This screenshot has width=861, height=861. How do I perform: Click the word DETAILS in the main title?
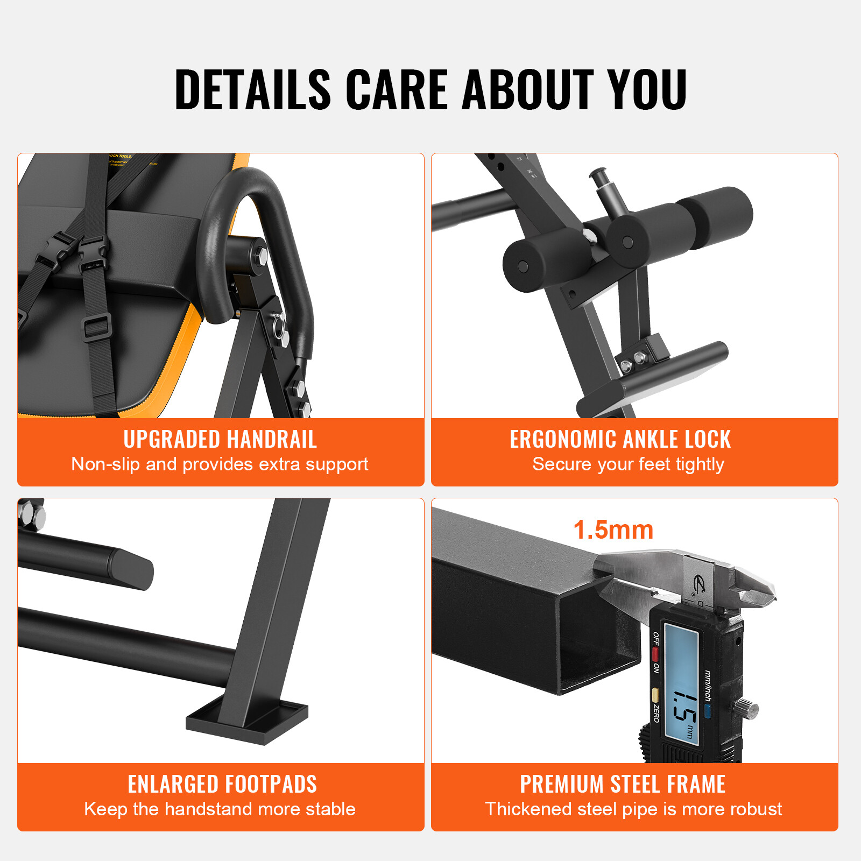click(x=252, y=89)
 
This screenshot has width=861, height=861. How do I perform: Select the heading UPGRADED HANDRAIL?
click(x=220, y=439)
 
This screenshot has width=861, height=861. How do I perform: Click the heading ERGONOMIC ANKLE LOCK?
click(x=620, y=439)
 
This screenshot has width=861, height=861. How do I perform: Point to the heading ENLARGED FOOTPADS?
click(x=222, y=784)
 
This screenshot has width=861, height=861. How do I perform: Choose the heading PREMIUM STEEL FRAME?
click(x=623, y=784)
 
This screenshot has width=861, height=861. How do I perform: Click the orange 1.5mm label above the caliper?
click(x=613, y=530)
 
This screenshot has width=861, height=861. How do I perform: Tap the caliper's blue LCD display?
click(x=681, y=683)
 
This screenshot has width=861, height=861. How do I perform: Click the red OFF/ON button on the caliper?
click(x=655, y=654)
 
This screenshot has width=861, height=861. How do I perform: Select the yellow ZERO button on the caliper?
click(x=655, y=694)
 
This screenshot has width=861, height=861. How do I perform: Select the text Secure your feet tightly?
click(x=628, y=464)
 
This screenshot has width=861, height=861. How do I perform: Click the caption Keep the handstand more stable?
click(x=220, y=809)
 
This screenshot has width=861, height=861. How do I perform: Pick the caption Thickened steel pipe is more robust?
click(x=633, y=809)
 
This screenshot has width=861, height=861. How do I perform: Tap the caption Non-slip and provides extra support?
click(x=220, y=464)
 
